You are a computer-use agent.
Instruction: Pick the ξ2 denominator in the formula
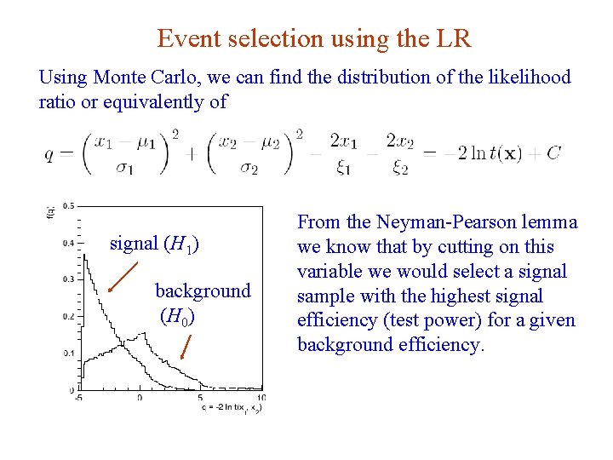click(x=400, y=169)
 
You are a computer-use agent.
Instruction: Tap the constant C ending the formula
click(x=553, y=154)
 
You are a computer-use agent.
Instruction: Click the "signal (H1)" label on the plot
click(x=155, y=244)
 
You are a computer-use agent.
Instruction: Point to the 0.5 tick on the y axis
click(x=67, y=205)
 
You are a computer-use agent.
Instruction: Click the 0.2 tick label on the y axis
click(x=66, y=316)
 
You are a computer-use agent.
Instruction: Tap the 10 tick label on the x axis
click(x=260, y=398)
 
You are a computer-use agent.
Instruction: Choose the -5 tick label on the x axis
click(x=78, y=398)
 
